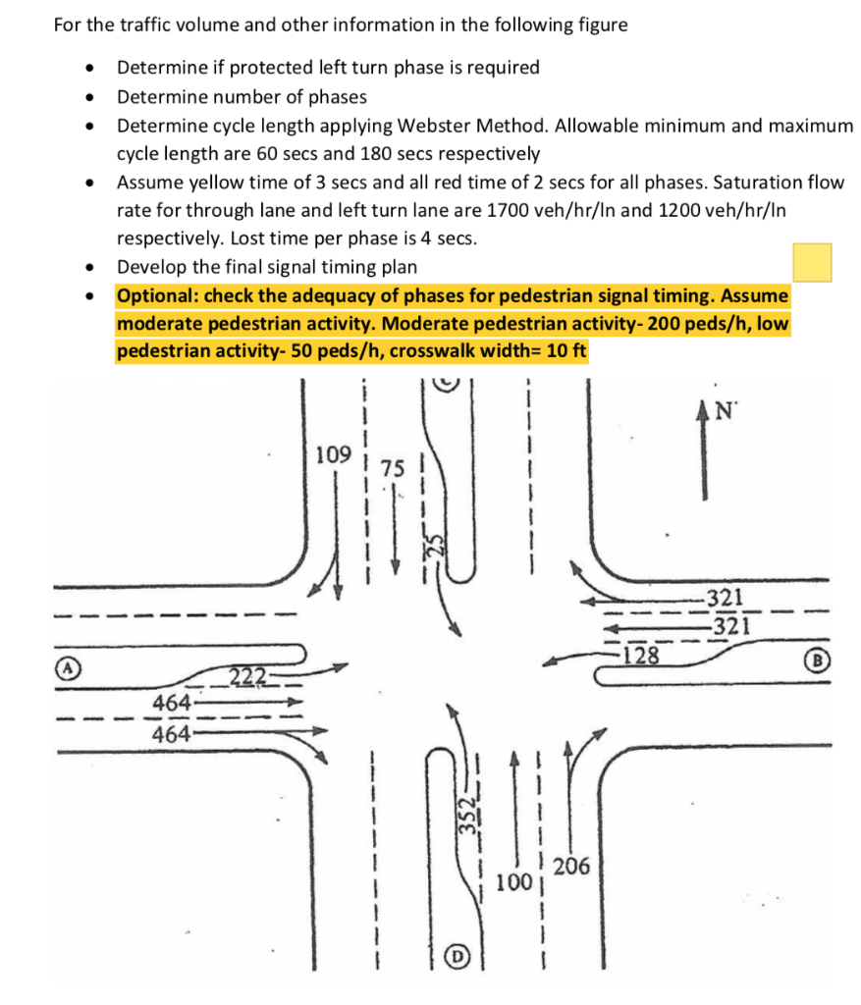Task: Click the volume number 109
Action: point(335,455)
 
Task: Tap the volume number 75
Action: point(392,469)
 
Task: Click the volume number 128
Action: point(641,655)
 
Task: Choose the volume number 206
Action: point(571,866)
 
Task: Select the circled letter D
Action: point(457,955)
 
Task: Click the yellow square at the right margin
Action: point(812,263)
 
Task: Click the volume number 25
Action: point(440,542)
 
